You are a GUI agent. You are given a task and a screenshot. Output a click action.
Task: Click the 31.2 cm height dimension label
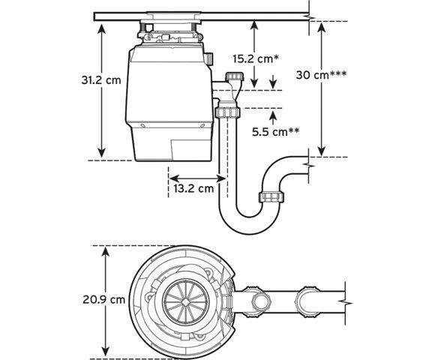(101, 80)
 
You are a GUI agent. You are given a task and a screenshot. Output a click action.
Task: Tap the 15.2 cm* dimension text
(255, 58)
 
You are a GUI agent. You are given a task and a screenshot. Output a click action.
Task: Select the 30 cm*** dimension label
(321, 74)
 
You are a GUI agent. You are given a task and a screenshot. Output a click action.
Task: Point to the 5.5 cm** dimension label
(276, 132)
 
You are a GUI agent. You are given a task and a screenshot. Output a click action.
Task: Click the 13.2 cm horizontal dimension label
(193, 188)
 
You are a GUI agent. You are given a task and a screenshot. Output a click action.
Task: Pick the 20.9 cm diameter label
(103, 299)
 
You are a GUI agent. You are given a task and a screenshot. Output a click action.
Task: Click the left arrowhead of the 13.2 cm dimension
(172, 178)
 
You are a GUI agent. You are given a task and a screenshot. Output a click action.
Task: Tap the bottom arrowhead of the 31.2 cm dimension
(102, 153)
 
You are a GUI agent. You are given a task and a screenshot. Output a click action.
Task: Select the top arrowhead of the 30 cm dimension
(321, 27)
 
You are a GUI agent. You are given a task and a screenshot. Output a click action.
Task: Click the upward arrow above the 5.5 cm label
(273, 117)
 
